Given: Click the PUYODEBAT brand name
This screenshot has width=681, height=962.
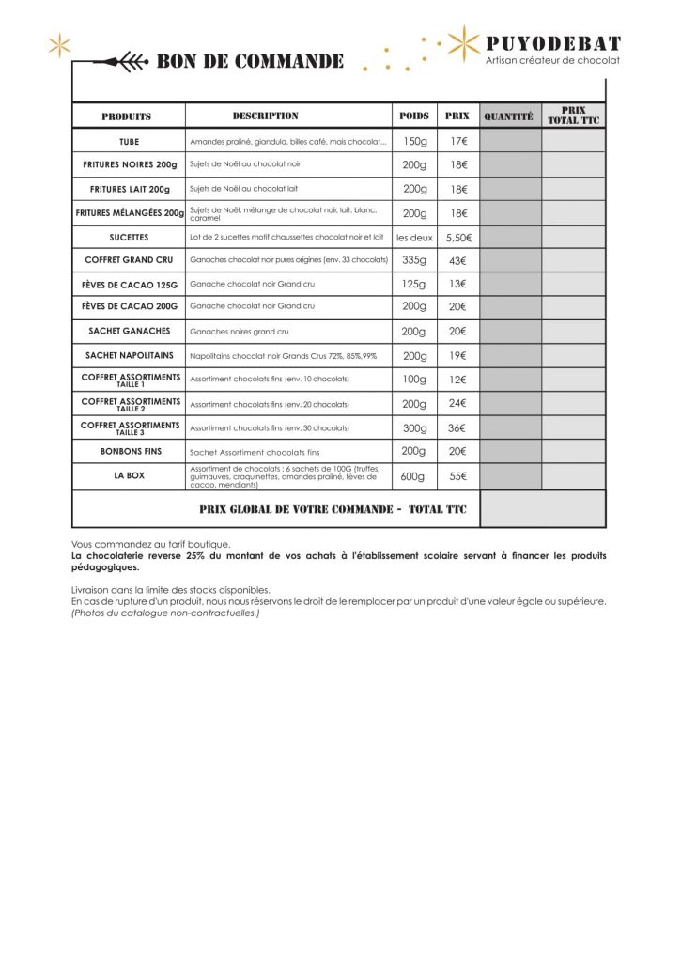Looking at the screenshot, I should [553, 42].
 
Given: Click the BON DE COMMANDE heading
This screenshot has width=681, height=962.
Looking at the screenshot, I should [249, 62].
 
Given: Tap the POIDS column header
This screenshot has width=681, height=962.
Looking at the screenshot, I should [414, 116].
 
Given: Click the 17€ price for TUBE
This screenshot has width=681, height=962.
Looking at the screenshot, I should [458, 141].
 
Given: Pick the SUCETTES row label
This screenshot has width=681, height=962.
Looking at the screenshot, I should [129, 238].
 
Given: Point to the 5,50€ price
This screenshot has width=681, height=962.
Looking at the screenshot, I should [458, 238].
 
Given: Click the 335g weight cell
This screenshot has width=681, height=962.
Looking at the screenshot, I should [414, 260].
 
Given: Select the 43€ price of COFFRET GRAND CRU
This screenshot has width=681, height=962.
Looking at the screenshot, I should [458, 260].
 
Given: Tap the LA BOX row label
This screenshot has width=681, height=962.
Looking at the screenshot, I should [129, 476].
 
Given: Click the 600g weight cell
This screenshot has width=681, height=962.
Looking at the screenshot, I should [414, 476].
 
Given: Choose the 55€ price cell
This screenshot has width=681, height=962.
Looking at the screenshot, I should [458, 476].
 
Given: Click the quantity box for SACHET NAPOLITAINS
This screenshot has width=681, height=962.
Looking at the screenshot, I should [510, 356].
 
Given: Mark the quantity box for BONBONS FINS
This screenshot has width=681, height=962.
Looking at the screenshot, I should [510, 452].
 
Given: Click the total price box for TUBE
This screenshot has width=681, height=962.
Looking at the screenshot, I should [573, 141].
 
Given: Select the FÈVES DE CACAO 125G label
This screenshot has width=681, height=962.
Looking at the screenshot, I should [129, 284].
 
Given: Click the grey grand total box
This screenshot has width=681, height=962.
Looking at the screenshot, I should [542, 508].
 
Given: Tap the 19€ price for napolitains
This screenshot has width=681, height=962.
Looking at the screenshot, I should [458, 356].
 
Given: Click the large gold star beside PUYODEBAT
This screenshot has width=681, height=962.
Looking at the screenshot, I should [461, 43].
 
